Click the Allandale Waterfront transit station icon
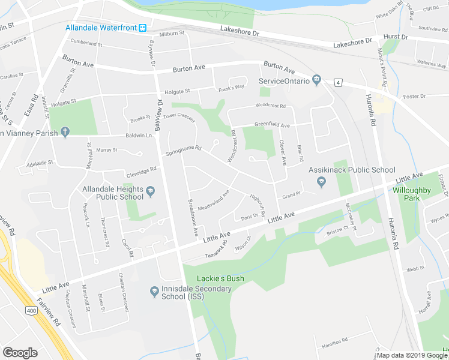click(x=143, y=28)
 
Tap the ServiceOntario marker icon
click(x=317, y=81)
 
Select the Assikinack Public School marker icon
click(x=321, y=182)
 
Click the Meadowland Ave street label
click(x=213, y=199)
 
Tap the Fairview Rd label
click(x=47, y=313)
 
